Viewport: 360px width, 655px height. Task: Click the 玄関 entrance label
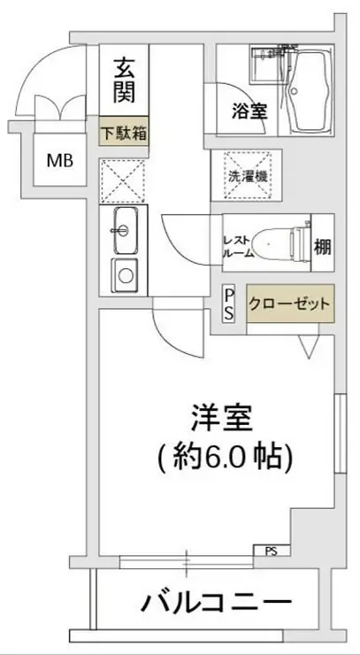(123, 81)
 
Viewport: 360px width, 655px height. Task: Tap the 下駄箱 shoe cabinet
(123, 135)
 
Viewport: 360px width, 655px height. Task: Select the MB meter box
(60, 161)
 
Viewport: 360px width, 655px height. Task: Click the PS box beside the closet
(227, 303)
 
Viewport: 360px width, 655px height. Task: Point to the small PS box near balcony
(270, 551)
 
